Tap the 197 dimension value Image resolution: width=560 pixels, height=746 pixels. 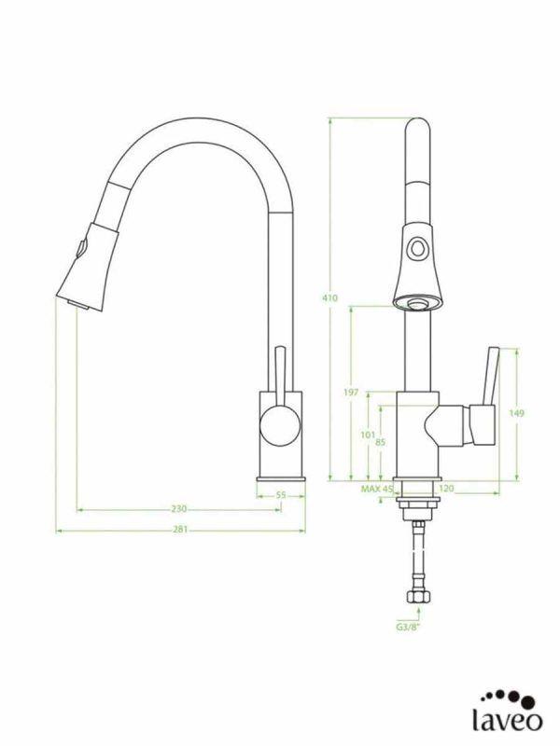click(x=350, y=393)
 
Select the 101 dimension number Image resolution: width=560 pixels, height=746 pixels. click(x=367, y=435)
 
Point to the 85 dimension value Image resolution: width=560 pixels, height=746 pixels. click(x=380, y=442)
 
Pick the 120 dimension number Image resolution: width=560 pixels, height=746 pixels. click(x=445, y=489)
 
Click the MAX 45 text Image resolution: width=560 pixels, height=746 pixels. click(x=377, y=489)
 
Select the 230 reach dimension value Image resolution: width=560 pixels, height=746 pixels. click(x=179, y=509)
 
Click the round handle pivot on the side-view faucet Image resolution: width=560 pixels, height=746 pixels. click(x=276, y=424)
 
